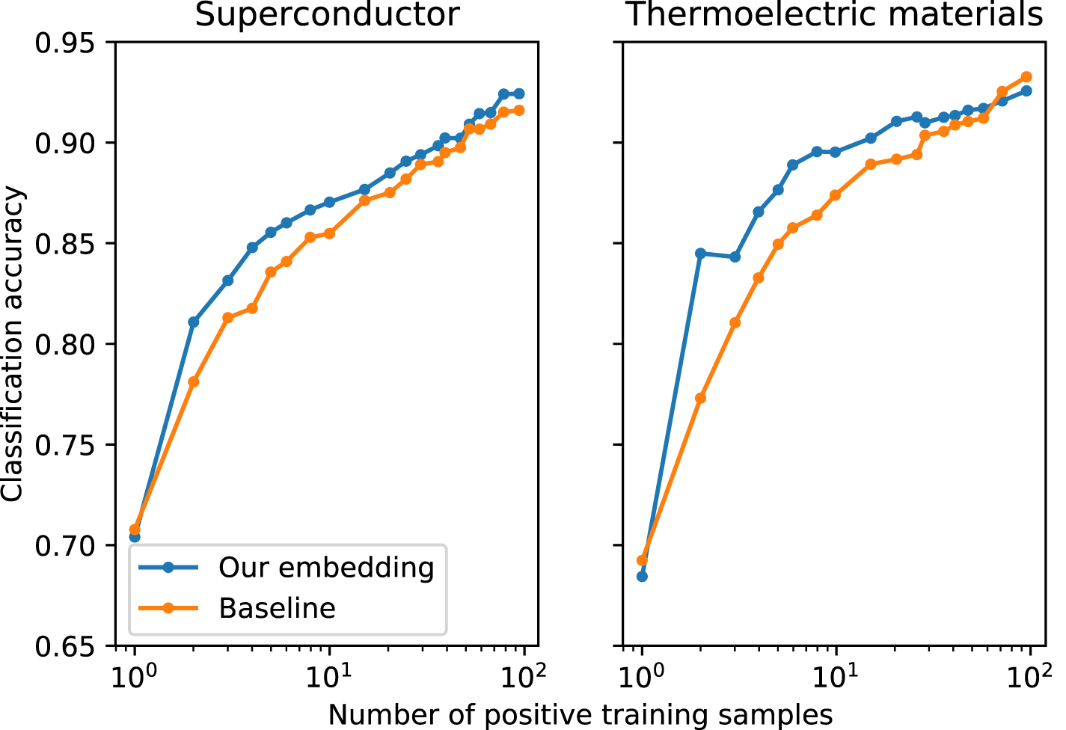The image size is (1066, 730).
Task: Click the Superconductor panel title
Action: pos(327,15)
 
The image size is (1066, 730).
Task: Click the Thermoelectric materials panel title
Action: pos(834,15)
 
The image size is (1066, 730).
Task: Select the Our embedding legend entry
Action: pos(325,568)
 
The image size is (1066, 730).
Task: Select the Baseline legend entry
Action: pos(277,608)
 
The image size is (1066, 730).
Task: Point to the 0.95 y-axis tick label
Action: pos(66,43)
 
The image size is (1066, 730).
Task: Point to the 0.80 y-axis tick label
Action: pos(66,345)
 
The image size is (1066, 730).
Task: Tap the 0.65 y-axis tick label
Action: pos(66,646)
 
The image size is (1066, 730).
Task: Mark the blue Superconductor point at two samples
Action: pos(194,322)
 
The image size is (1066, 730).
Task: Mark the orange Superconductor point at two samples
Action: pos(194,381)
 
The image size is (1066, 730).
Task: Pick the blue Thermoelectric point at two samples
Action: pos(701,254)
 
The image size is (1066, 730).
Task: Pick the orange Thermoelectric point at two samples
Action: pos(701,398)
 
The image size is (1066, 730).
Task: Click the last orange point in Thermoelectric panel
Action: pos(1026,77)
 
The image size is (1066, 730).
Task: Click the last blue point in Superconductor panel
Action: pos(519,94)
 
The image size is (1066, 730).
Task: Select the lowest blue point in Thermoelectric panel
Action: pos(642,576)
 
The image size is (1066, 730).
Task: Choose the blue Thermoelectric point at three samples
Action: pos(735,257)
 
